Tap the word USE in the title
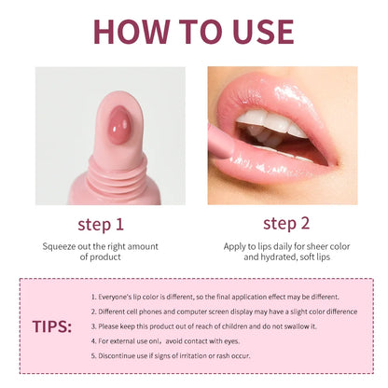256,31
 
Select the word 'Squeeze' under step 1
61,246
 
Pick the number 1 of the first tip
93,296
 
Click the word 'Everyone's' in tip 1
117,296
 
